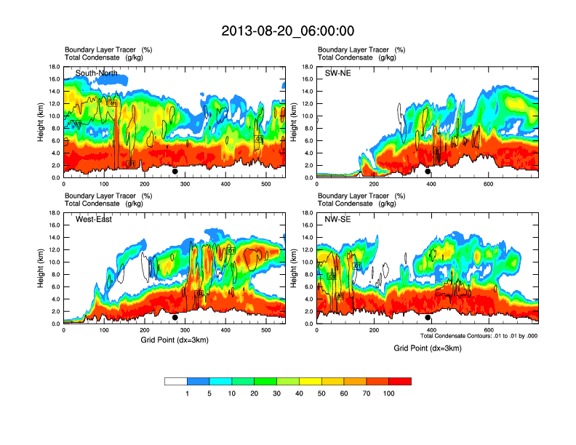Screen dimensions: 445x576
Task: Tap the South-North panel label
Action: tap(97, 73)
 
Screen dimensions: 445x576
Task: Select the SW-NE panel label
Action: tap(337, 73)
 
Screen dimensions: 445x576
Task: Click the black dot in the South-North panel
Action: tap(175, 172)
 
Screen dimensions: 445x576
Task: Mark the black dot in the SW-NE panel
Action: tap(428, 172)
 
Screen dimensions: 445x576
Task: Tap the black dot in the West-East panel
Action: tap(175, 318)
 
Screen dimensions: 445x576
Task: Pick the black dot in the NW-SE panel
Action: tap(428, 318)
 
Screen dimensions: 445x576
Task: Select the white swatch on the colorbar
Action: tap(176, 381)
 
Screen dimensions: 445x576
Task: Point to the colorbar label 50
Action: tap(321, 393)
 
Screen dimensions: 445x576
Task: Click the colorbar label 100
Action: tap(389, 393)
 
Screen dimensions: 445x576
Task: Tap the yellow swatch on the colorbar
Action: tap(311, 381)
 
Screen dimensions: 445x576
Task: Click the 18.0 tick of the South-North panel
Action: tap(54, 67)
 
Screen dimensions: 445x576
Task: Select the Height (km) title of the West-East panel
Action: tap(41, 268)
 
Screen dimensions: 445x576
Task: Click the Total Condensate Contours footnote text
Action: tap(479, 336)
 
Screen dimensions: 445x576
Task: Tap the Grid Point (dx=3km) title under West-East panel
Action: tap(174, 340)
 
